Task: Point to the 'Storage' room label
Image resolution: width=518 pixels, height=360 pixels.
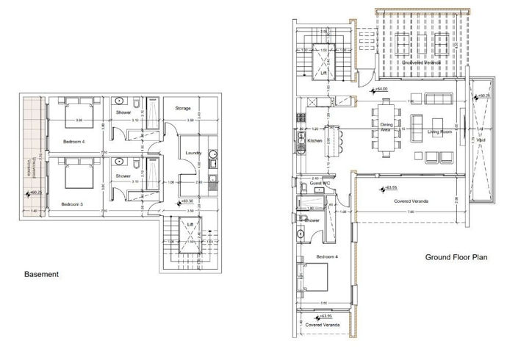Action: point(183,109)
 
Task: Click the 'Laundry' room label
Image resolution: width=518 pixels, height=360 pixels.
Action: point(194,153)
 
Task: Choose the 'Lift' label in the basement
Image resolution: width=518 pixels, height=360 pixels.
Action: point(190,225)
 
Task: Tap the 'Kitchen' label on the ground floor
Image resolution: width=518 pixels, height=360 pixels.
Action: point(315,140)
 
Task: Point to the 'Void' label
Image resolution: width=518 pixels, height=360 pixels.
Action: point(481,140)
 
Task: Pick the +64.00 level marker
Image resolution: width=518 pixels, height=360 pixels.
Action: point(381,90)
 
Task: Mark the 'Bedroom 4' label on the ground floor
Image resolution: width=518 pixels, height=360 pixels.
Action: point(328,256)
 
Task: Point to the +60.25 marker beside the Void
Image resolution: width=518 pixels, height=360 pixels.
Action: point(484,96)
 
